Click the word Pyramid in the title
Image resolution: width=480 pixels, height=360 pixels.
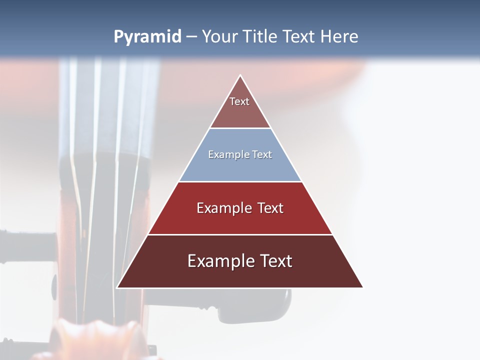(x=147, y=37)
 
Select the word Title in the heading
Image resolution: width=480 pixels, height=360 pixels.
(x=260, y=37)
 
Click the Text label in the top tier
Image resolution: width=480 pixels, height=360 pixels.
(x=239, y=101)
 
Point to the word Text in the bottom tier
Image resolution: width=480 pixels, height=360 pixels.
(x=276, y=261)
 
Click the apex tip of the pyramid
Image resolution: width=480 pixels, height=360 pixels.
(x=240, y=76)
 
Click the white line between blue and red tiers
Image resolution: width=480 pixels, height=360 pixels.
(x=240, y=181)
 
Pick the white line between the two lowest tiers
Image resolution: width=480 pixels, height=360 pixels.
(x=240, y=234)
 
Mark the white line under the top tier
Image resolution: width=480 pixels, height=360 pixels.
(x=240, y=128)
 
